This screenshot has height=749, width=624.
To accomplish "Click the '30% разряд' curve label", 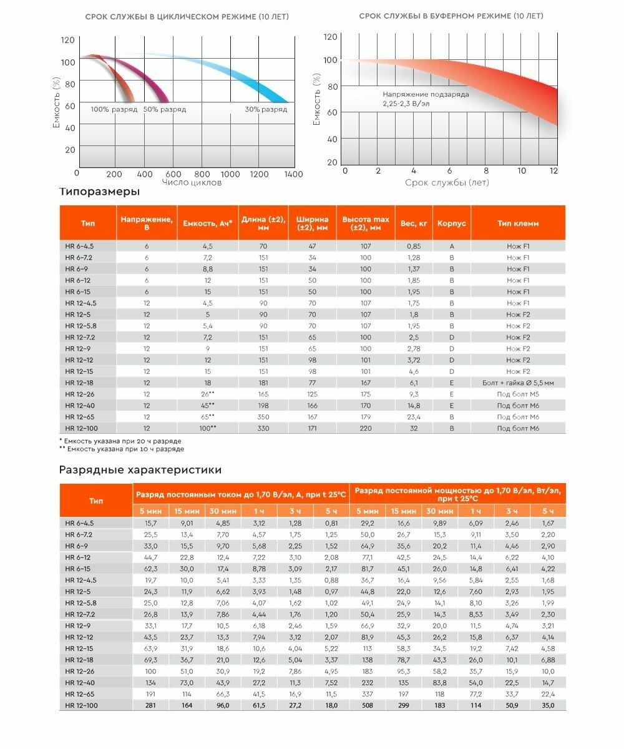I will point(266,109).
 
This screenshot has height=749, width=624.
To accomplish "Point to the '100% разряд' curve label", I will point(114,109).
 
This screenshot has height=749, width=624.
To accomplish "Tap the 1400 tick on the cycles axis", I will point(293,174).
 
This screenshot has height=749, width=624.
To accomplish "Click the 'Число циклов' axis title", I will point(192,182).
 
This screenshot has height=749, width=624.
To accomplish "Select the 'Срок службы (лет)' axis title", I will point(447,182).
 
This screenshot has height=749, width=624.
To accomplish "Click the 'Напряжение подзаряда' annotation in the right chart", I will point(426,94).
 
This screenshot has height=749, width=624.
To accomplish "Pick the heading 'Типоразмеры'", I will point(99,192).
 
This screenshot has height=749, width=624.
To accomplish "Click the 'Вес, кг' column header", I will point(414,223).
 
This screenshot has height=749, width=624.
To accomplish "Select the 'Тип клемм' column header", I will point(518,223).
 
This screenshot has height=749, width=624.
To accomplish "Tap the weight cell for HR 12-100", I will point(414,428).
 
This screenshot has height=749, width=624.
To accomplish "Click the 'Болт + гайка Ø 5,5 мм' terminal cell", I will point(518,383).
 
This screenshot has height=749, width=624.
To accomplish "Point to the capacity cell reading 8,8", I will point(207,269).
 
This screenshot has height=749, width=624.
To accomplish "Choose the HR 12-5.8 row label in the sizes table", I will point(81,326).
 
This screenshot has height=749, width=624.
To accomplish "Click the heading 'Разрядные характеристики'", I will point(140,469).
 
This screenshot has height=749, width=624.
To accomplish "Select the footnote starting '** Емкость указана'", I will point(122,449).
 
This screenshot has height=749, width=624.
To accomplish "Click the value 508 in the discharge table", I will point(365,705).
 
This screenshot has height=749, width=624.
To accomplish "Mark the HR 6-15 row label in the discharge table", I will point(78,569).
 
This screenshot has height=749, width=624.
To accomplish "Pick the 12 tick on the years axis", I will point(553,171).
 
